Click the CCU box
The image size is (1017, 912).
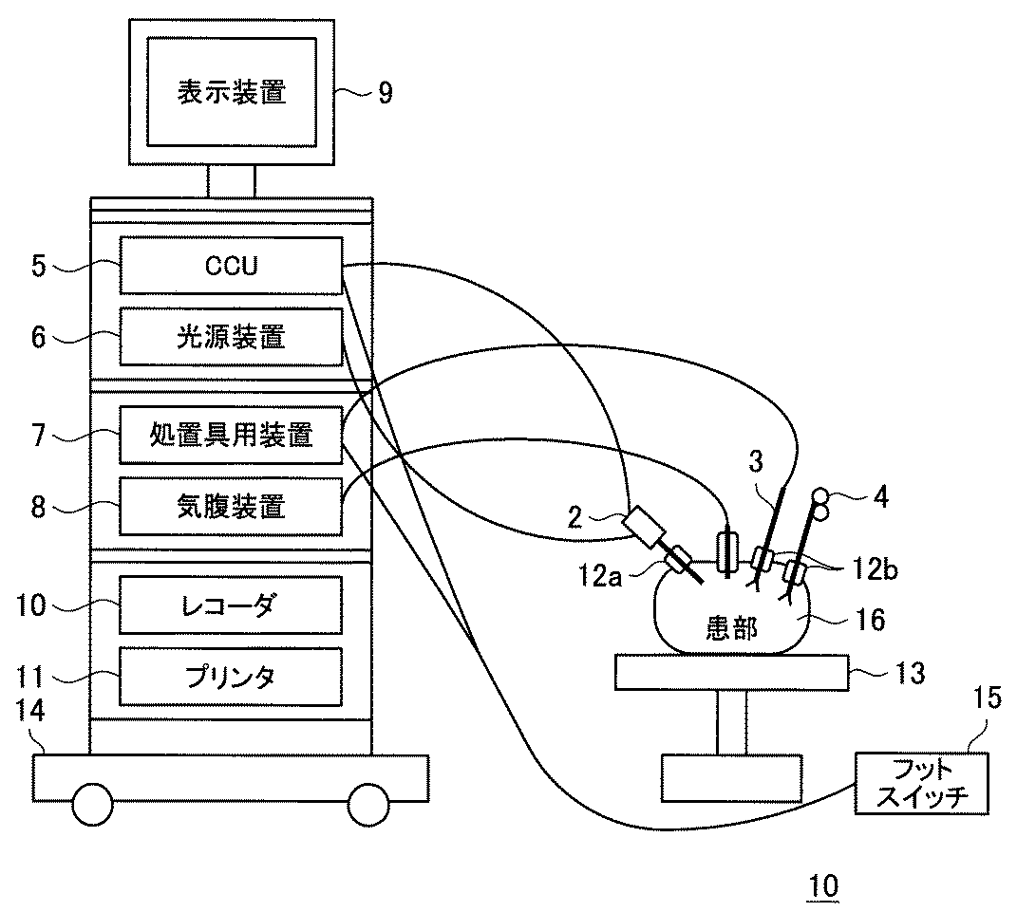231,266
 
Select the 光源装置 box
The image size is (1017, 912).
231,337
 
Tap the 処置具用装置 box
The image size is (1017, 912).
231,435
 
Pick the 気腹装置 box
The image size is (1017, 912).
231,506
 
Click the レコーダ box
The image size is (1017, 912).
231,605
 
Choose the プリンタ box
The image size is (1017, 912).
231,677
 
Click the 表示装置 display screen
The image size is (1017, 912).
232,92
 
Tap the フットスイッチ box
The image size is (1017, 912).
922,783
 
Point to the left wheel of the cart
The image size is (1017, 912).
92,805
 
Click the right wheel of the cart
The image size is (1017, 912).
368,805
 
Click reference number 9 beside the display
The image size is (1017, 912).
386,93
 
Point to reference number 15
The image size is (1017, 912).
988,698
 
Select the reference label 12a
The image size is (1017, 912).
600,576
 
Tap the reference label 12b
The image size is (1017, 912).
875,568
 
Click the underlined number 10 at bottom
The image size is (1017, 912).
823,886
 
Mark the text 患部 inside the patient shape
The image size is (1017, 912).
731,627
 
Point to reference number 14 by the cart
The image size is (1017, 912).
29,711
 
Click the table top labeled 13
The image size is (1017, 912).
731,672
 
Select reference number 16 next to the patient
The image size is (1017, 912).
871,621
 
